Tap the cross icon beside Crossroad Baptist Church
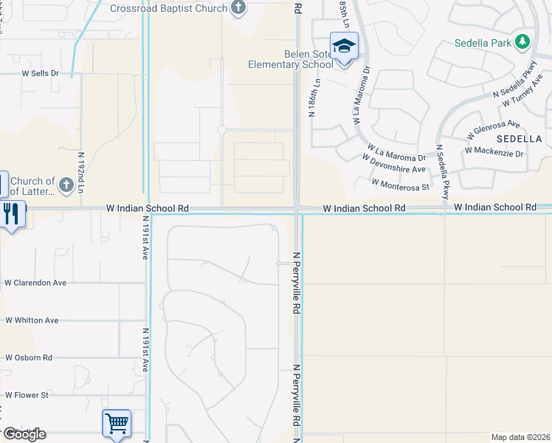click(x=238, y=8)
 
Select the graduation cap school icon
click(x=344, y=46)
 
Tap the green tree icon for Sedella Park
click(x=523, y=41)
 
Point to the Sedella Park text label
click(x=483, y=43)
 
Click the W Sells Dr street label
click(x=40, y=74)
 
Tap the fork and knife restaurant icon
click(x=10, y=213)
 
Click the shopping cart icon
click(x=117, y=424)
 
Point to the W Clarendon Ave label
click(x=35, y=282)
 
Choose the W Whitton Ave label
click(x=32, y=320)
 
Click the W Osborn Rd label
click(x=29, y=357)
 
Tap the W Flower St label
click(x=27, y=394)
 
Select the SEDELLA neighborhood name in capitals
click(x=519, y=138)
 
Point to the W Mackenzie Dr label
click(x=494, y=154)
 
